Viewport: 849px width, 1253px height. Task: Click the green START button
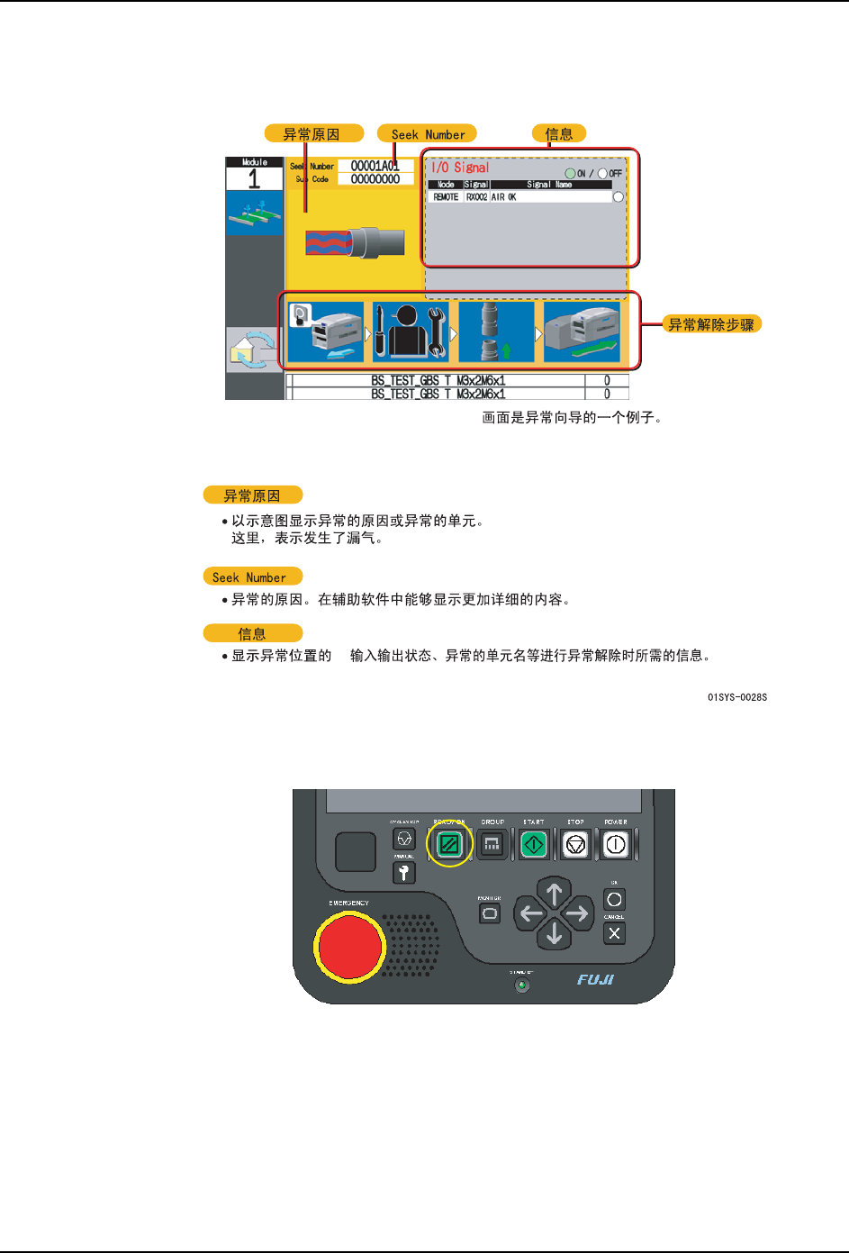(x=534, y=844)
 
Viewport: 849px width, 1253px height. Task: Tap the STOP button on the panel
(x=575, y=844)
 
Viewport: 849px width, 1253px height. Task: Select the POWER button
(x=616, y=844)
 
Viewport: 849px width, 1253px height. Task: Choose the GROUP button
(x=492, y=844)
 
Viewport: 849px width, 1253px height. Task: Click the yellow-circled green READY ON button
(x=449, y=844)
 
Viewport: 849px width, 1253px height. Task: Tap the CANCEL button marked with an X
(x=614, y=933)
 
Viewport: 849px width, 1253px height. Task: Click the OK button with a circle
(x=614, y=899)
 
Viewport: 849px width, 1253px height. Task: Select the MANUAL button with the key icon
(x=404, y=872)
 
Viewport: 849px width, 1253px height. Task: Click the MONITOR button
(x=490, y=913)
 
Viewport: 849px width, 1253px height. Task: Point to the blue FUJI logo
(x=595, y=979)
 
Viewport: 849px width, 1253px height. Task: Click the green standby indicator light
(x=521, y=985)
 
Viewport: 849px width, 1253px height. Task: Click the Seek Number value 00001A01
(x=375, y=166)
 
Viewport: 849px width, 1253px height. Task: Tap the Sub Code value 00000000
(x=375, y=179)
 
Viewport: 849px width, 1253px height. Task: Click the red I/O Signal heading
(x=460, y=168)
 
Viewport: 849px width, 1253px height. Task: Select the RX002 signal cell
(x=476, y=197)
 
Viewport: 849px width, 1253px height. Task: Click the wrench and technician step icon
(x=411, y=331)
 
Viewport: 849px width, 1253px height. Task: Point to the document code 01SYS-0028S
(x=737, y=697)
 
